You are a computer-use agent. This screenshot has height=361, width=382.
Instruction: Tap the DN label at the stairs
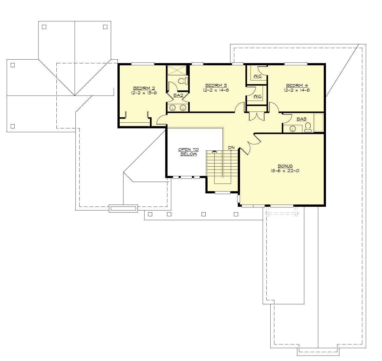(231, 148)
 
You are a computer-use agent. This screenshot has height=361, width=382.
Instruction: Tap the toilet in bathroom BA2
(183, 81)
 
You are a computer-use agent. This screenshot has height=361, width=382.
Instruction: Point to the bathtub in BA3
(319, 122)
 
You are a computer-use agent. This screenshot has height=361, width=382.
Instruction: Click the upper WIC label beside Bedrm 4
(257, 76)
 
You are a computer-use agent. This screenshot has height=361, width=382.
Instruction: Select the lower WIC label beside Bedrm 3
(257, 96)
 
